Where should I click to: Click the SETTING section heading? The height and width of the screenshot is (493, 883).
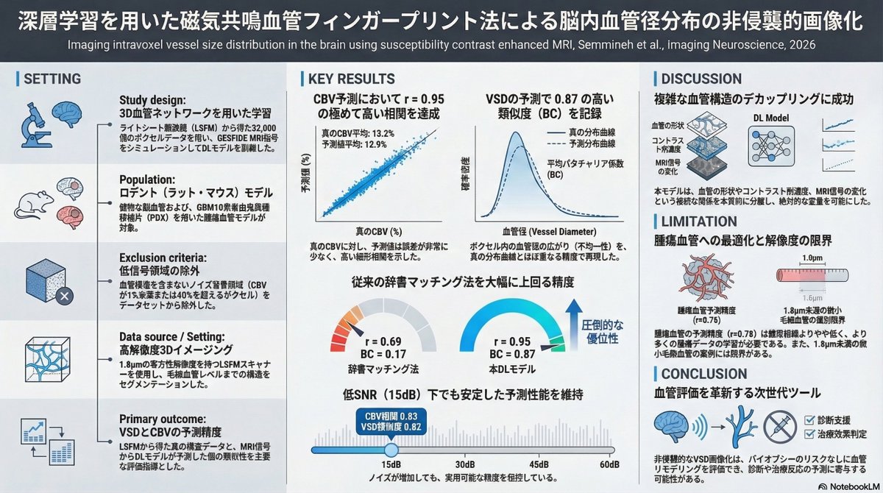click(x=52, y=79)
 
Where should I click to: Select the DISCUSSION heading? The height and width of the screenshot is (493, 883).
click(x=701, y=79)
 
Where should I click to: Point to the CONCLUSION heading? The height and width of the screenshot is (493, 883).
click(x=703, y=372)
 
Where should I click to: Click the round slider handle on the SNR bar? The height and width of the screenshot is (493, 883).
click(x=391, y=449)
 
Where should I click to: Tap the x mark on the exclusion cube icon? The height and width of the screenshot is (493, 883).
click(x=63, y=297)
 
